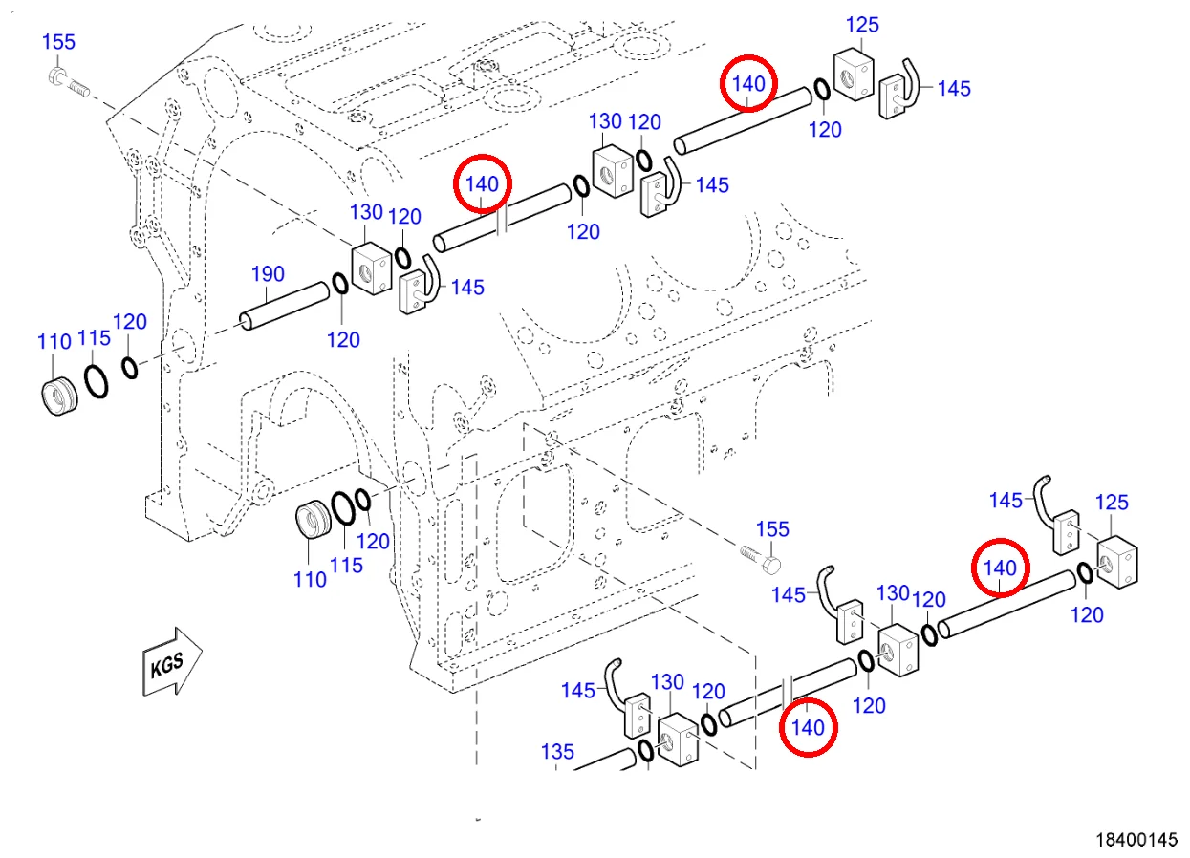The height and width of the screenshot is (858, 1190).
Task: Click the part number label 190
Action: click(x=268, y=274)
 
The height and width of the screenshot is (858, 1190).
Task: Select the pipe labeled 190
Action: click(x=285, y=306)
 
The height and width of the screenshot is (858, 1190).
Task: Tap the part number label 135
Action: click(x=557, y=751)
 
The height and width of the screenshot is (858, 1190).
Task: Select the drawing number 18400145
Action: click(x=1136, y=840)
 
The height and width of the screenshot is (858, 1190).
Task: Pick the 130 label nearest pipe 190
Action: click(x=366, y=212)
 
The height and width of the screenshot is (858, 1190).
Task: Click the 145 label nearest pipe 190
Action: click(x=467, y=288)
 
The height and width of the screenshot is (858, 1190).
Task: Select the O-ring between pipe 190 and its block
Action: click(x=340, y=283)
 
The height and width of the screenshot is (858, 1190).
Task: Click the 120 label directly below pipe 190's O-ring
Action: click(x=343, y=339)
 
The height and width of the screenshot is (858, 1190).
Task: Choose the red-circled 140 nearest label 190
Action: click(x=483, y=184)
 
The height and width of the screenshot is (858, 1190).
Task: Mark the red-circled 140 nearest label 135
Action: click(x=808, y=727)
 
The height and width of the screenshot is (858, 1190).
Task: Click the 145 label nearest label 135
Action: click(x=578, y=690)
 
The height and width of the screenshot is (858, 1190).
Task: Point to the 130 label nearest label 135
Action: click(x=667, y=682)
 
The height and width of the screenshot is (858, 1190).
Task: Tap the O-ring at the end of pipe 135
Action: click(x=645, y=750)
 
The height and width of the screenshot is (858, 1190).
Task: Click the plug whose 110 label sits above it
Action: click(x=59, y=397)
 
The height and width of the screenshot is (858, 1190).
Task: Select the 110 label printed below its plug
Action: click(x=311, y=579)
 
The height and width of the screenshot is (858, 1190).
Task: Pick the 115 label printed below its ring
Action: click(x=346, y=566)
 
